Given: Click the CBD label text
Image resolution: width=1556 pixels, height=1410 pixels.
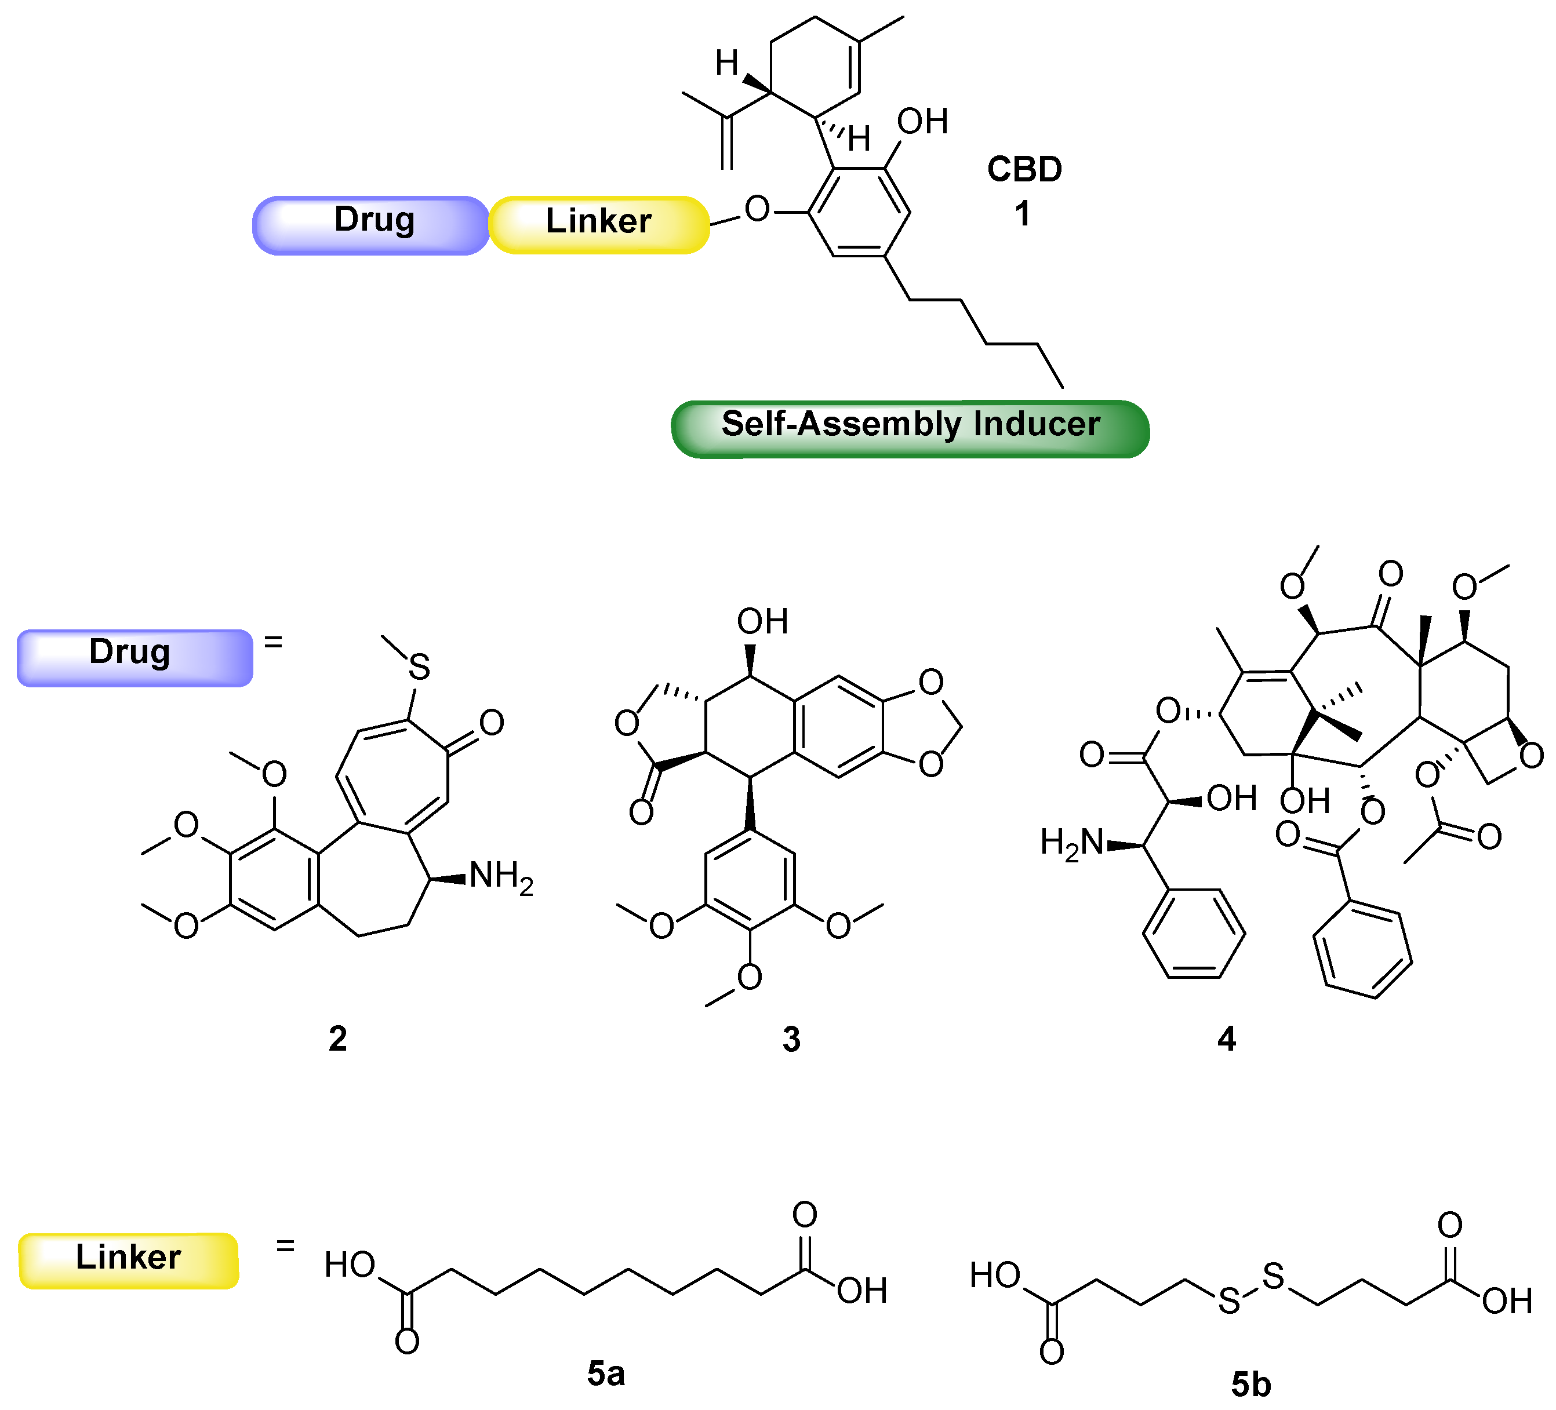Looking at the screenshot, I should [1024, 170].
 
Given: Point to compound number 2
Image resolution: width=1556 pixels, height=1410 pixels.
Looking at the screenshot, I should [337, 1039].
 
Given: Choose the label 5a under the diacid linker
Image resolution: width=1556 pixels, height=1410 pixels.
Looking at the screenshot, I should [605, 1373].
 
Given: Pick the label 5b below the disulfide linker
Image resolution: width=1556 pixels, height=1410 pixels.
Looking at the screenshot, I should [1250, 1385].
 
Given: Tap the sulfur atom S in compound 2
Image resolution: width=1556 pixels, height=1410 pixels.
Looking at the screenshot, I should [419, 667].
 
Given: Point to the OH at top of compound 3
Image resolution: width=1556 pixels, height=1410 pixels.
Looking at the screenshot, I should [762, 621].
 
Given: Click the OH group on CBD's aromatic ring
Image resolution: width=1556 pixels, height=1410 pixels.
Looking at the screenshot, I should [922, 122].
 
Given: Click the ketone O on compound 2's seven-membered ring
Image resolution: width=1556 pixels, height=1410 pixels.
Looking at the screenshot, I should [492, 722].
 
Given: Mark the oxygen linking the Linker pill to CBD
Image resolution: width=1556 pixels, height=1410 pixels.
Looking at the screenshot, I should [757, 209].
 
